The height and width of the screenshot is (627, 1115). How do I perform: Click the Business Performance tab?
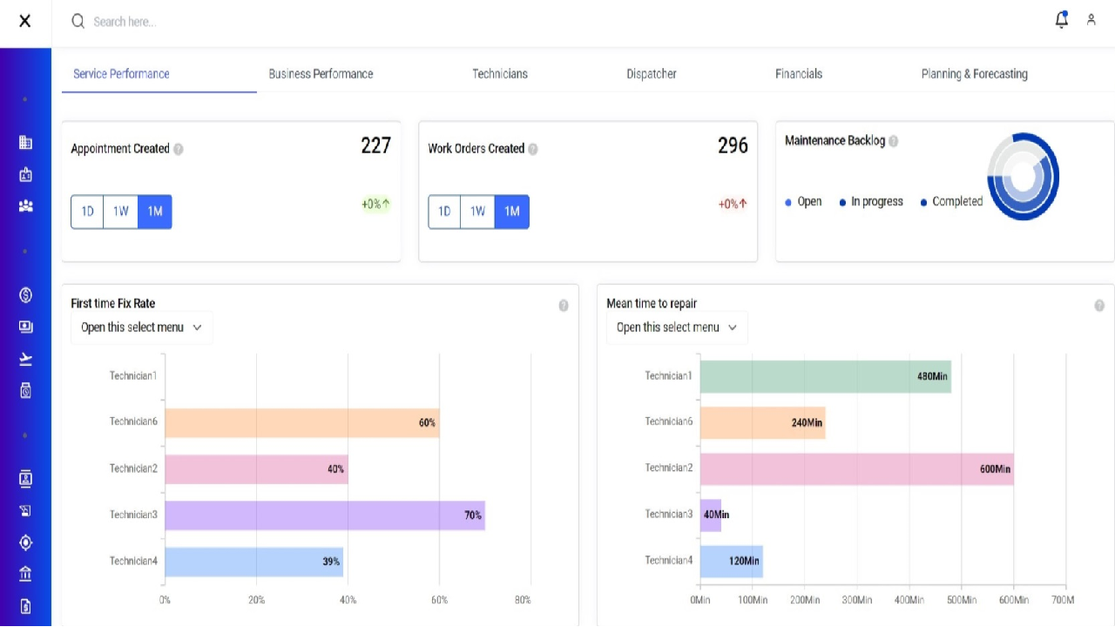coord(321,74)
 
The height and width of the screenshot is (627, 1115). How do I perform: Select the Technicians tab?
coord(500,74)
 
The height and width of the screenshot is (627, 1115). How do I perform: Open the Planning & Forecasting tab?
coord(974,74)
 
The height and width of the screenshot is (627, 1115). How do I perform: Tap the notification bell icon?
coord(1061,20)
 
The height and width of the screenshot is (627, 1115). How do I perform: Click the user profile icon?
coord(1091,20)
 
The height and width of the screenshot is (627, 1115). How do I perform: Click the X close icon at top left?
coord(25,21)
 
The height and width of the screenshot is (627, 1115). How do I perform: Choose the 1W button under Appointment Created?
coord(121,212)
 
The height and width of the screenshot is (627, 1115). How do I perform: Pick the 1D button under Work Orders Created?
coord(444,212)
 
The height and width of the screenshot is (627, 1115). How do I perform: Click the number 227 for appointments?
coord(375,146)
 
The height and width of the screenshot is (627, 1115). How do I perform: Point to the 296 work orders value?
coord(733,146)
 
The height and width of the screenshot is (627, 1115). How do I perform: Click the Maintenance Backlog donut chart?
coord(1023,177)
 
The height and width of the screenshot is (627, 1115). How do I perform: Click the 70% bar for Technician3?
coord(324,515)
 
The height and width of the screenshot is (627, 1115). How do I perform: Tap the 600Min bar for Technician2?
coord(856,469)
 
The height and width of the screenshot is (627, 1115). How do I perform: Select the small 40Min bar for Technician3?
coord(711,515)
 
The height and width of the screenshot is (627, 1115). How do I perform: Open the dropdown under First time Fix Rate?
coord(141,327)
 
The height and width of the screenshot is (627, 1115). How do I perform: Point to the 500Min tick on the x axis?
coord(961,600)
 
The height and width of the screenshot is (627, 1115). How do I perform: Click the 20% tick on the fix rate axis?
coord(256,600)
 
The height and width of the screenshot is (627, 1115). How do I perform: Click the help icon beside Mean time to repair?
coord(1099,306)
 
